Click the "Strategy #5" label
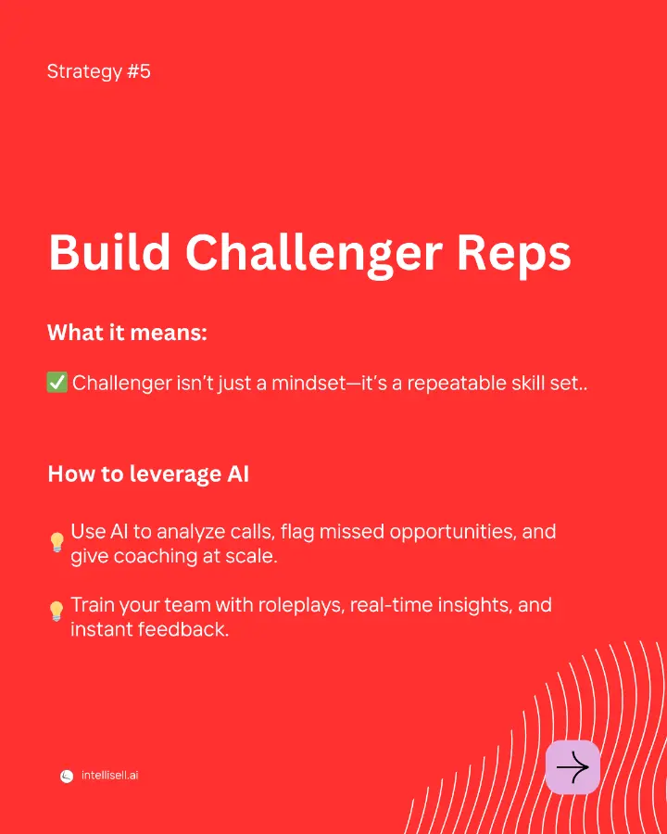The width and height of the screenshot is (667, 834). click(99, 71)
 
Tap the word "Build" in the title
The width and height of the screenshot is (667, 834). click(109, 252)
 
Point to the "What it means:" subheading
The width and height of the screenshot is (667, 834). click(127, 333)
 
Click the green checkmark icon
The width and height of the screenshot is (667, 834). click(57, 383)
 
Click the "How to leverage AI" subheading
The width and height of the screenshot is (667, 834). click(148, 474)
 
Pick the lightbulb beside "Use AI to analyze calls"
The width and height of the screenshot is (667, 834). click(57, 542)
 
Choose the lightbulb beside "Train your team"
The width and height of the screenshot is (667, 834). click(57, 611)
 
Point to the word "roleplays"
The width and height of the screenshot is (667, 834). click(302, 606)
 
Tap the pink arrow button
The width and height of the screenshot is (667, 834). click(573, 767)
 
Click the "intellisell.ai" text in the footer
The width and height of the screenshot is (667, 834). click(109, 776)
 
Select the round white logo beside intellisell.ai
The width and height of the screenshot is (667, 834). click(67, 777)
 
